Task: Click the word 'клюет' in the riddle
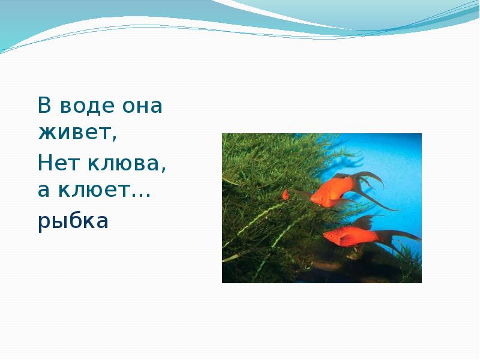(96, 191)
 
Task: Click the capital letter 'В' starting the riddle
(44, 106)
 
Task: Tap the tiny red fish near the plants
(286, 194)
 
